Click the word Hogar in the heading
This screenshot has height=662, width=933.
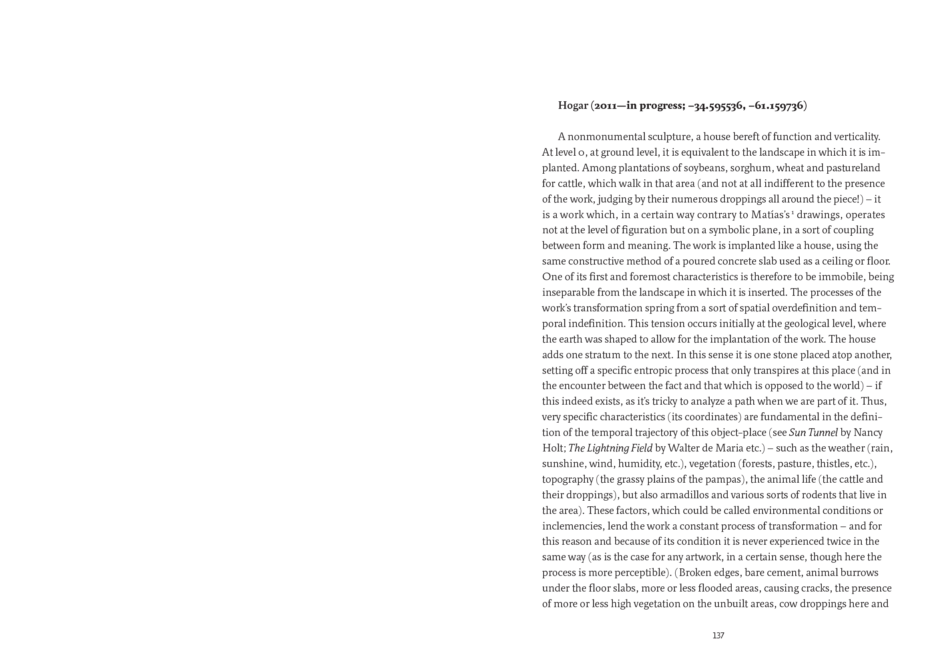click(573, 106)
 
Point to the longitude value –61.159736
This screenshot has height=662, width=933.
click(776, 106)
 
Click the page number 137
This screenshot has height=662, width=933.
click(718, 636)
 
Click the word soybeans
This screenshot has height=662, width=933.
click(713, 168)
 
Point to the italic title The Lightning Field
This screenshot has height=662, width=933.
click(610, 448)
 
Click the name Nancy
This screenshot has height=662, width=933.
click(868, 433)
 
